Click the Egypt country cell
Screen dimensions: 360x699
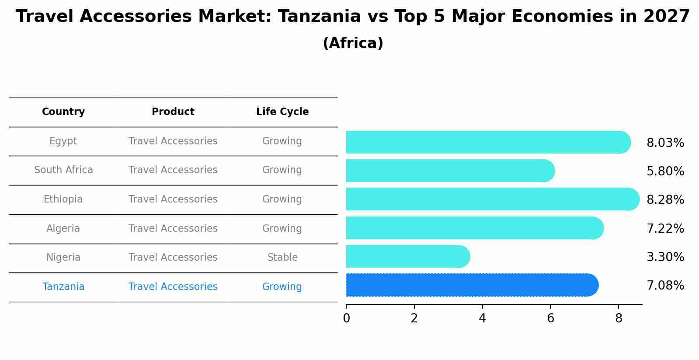[x=63, y=141]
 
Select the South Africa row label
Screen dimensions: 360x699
[x=63, y=170]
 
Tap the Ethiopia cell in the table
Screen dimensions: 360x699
[x=63, y=199]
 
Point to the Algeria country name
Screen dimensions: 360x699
[x=63, y=229]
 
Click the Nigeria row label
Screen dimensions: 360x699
[x=63, y=258]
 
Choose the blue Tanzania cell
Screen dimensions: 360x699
[x=63, y=287]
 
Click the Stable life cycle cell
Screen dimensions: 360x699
[x=282, y=258]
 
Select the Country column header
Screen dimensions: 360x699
[x=63, y=112]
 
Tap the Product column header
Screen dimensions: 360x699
[x=173, y=112]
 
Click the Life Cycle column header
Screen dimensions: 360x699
[x=282, y=112]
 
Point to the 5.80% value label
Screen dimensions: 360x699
[x=665, y=171]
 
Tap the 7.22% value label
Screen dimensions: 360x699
[x=665, y=229]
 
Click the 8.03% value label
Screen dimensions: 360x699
[x=665, y=143]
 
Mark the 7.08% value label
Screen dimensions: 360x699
[x=665, y=286]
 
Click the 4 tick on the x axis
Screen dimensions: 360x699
[x=482, y=318]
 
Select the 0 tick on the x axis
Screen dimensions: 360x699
[x=346, y=318]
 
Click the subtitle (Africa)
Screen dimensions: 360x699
[x=353, y=43]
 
